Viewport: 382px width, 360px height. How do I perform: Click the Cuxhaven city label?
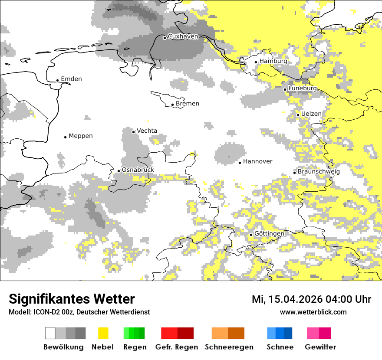[x=183, y=36]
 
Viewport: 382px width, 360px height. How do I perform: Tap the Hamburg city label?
[x=273, y=61]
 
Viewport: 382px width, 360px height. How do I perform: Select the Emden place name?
[x=71, y=79]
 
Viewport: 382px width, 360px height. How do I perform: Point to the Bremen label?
[x=188, y=104]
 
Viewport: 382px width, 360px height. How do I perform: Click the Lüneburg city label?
[x=303, y=88]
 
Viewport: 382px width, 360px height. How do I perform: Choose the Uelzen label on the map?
[x=311, y=114]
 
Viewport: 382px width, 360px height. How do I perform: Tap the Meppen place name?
[x=81, y=136]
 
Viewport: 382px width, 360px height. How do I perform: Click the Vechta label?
[x=147, y=131]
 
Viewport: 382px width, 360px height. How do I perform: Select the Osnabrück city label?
[x=138, y=170]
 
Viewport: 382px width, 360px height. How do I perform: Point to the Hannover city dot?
[x=240, y=163]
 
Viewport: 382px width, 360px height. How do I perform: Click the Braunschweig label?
[x=319, y=172]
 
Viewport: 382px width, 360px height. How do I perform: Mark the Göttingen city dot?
[x=251, y=235]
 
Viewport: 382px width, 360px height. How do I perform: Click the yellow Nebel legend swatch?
[x=103, y=333]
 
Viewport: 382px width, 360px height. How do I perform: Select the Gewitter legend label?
[x=320, y=347]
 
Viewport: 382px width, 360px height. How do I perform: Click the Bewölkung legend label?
[x=63, y=347]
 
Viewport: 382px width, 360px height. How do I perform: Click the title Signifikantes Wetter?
[x=72, y=299]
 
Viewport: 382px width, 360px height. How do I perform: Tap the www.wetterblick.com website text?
[x=313, y=312]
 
